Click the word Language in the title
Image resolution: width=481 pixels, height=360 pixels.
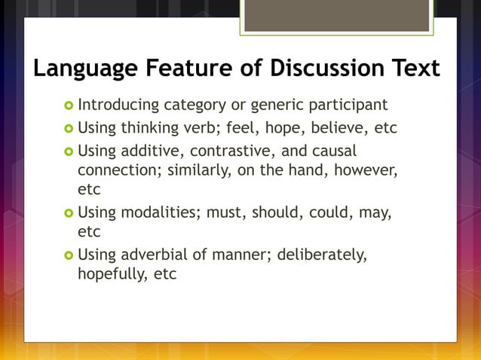coord(84,69)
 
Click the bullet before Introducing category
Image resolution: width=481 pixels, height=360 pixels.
coord(68,105)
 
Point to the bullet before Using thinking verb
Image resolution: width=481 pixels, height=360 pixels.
coord(68,128)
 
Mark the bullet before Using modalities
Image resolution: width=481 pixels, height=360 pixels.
coord(68,214)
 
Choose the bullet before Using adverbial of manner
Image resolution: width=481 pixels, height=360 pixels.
coord(68,255)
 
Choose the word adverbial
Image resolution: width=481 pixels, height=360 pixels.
coord(152,255)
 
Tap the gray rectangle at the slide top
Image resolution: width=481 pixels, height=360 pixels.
coord(336,15)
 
